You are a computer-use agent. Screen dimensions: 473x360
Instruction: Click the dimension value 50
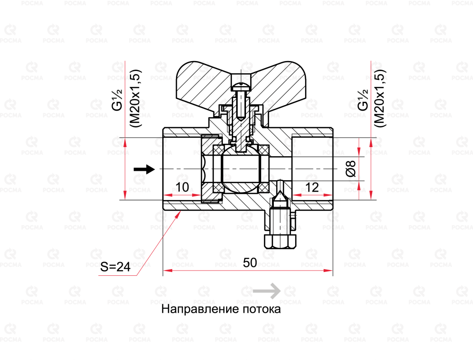coord(250,263)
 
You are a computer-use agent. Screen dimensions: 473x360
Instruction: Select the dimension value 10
coord(182,187)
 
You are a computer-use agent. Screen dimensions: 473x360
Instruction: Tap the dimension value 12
coord(312,187)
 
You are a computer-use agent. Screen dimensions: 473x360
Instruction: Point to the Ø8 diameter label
coord(351,168)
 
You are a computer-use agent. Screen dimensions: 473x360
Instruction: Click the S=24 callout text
coord(115,267)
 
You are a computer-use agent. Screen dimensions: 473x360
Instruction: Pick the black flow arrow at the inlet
coord(144,169)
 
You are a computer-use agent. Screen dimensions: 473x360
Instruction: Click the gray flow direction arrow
coord(267,291)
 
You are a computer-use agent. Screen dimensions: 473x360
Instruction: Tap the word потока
coord(262,309)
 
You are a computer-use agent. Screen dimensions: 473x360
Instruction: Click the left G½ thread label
coord(117,100)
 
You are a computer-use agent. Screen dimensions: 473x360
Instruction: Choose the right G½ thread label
coord(363,100)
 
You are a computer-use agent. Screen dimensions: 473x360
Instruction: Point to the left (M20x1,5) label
coord(136,98)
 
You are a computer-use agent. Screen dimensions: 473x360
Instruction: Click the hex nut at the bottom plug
coord(279,242)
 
